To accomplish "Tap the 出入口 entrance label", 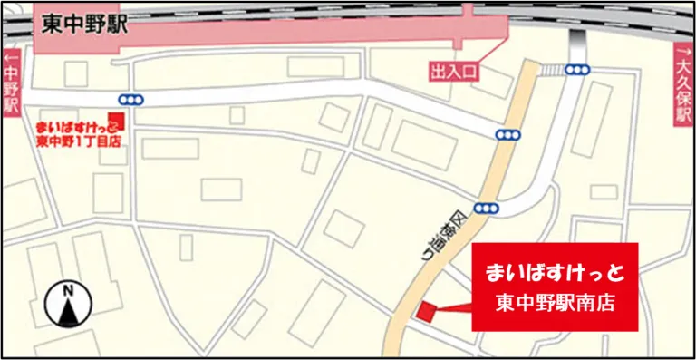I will (452, 71).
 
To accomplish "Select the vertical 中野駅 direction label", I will (12, 92).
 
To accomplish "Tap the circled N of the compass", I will (67, 292).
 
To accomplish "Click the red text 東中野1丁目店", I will (79, 141).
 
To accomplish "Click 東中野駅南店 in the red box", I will (556, 304).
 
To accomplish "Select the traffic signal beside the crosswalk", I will (577, 70).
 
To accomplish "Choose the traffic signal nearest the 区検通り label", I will (486, 207).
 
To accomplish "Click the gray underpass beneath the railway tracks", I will (575, 42).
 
